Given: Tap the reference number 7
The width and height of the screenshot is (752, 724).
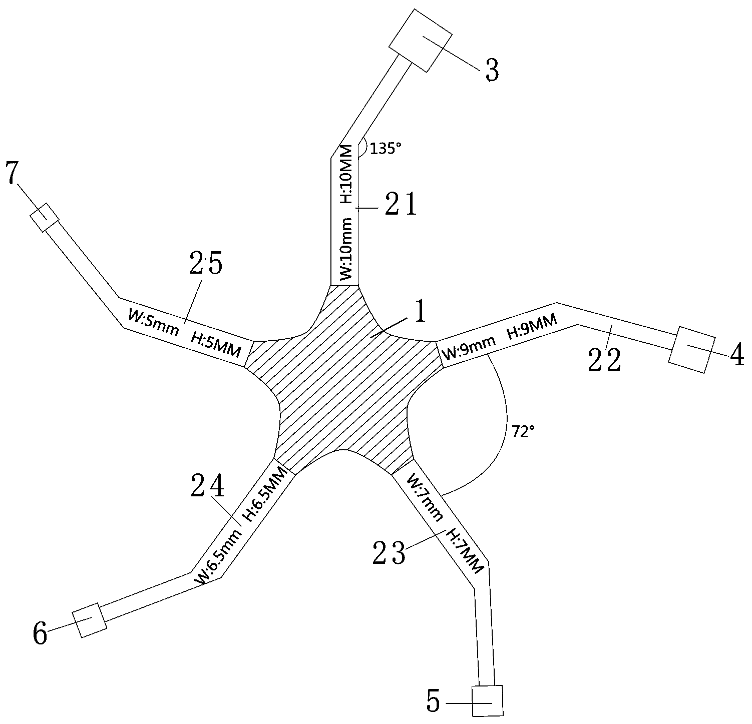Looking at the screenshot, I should click(13, 174).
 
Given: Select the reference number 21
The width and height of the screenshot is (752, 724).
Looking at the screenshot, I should click(401, 205).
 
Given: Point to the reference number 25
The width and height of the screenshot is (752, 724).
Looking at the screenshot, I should click(206, 264).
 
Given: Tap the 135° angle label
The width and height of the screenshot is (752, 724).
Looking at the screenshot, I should click(386, 149).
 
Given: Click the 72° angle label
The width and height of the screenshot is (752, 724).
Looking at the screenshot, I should click(523, 432).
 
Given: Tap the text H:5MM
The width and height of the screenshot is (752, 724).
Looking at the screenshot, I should click(216, 345).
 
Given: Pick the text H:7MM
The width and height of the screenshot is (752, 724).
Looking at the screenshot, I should click(465, 551).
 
